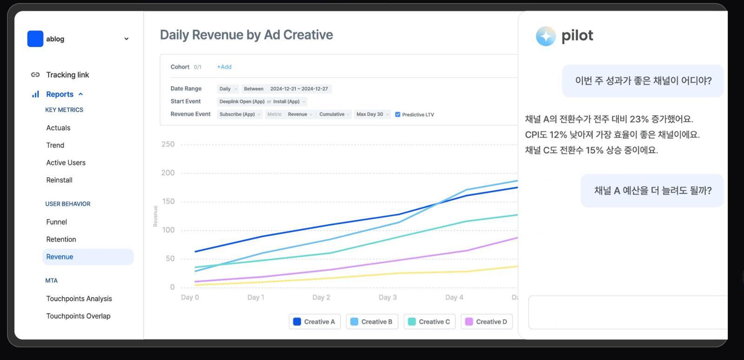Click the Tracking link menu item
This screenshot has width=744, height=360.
pos(67,75)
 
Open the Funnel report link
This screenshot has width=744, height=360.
pos(56,222)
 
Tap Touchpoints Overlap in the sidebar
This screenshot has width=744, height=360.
pos(78,316)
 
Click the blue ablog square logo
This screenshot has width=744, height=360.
pos(35,39)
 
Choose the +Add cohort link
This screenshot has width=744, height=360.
pos(224,67)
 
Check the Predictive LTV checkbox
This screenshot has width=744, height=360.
pos(398,114)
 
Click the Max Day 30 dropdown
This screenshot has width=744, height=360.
pos(372,114)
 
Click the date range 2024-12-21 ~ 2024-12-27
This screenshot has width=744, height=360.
pos(299,89)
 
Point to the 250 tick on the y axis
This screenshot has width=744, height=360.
pos(168,144)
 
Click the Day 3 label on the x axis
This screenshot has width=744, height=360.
pos(388,297)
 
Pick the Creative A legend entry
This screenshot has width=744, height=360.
pos(314,321)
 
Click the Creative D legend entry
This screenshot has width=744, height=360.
pos(486,321)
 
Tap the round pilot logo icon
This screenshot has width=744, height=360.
pos(545,36)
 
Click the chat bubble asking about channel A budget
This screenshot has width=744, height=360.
pos(652,191)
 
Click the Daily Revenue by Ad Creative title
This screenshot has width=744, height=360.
pos(246,35)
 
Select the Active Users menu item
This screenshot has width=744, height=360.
pos(66,163)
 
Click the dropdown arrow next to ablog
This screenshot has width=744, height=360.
pos(126,39)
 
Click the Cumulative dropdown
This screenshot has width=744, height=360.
pos(334,114)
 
